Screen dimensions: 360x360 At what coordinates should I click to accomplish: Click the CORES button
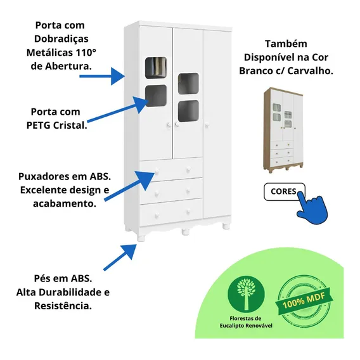(x=284, y=191)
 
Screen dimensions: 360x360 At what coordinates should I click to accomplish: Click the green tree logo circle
(x=246, y=294)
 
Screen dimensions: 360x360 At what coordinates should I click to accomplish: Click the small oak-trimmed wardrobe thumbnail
(x=283, y=130)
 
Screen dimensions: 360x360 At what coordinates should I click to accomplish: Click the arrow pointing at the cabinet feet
(x=120, y=257)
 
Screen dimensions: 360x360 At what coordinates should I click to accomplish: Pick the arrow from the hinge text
(x=102, y=76)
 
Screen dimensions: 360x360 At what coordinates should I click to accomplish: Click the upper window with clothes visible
(x=156, y=68)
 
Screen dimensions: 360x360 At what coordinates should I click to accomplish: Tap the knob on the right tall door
(x=207, y=125)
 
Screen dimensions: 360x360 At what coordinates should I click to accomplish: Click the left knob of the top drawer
(x=157, y=171)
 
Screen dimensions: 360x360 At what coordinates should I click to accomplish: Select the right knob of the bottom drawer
(x=188, y=212)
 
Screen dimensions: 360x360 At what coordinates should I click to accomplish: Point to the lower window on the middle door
(x=188, y=111)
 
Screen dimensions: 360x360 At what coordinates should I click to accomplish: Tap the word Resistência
(x=63, y=306)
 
